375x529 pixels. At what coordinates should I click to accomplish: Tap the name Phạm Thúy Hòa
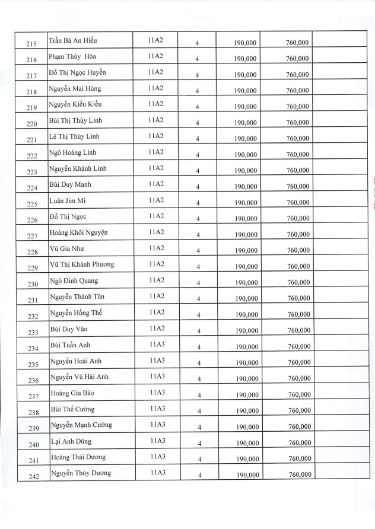click(72, 56)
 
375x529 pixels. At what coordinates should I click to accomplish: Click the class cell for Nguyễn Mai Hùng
click(155, 88)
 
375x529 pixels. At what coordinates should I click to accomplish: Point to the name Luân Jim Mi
click(68, 200)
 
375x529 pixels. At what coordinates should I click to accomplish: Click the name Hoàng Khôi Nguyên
click(78, 232)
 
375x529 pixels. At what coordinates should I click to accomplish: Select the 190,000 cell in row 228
click(246, 251)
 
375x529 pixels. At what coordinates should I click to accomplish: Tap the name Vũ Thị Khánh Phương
click(82, 264)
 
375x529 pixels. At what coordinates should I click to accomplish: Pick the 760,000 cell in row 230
click(298, 283)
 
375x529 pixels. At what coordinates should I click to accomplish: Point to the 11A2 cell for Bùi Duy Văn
click(156, 329)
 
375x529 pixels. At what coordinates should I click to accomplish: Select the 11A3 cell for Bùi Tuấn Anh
click(157, 345)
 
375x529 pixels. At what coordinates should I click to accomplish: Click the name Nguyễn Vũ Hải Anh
click(80, 377)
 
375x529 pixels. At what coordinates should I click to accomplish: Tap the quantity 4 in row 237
click(199, 395)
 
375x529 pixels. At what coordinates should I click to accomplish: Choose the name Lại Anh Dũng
click(71, 441)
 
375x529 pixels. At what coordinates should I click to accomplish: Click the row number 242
click(33, 477)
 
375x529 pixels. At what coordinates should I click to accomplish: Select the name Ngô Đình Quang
click(74, 281)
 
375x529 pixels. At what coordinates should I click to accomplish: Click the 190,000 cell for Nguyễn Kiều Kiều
click(245, 107)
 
